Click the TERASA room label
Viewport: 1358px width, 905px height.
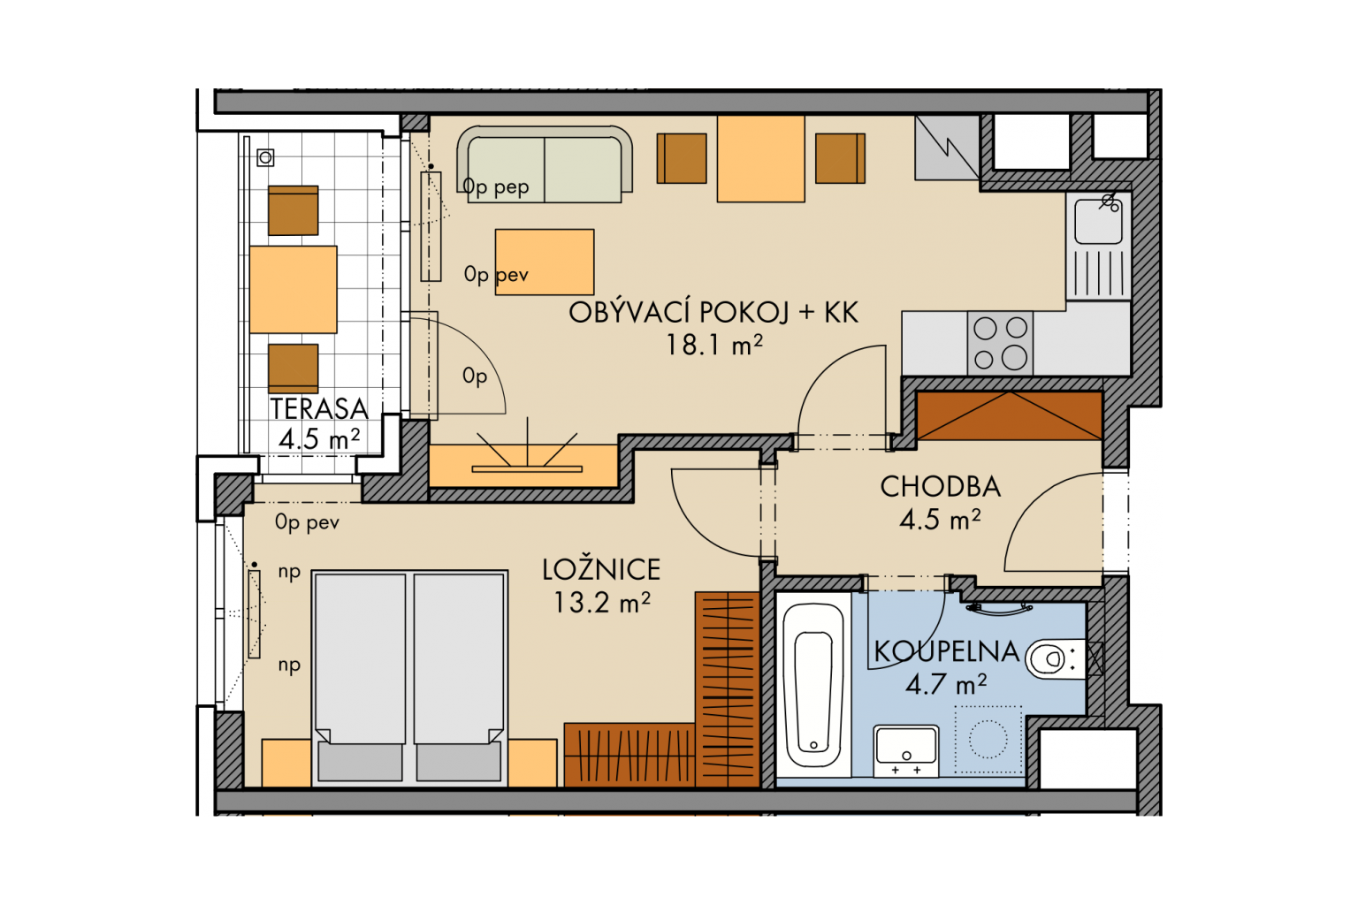(x=319, y=408)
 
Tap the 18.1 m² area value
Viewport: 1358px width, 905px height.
(x=714, y=345)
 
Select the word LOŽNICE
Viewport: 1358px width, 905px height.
(x=601, y=569)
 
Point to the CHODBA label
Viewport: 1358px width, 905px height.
(x=941, y=487)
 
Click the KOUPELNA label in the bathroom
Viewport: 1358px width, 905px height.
(x=946, y=651)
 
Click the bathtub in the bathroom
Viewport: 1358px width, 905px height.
(x=813, y=686)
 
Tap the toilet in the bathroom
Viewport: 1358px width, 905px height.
(x=1055, y=658)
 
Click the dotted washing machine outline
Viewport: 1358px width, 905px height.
(x=988, y=739)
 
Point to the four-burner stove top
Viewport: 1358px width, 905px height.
(x=1000, y=344)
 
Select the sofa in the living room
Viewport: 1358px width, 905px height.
(x=545, y=164)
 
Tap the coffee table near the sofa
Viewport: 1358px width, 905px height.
(x=545, y=262)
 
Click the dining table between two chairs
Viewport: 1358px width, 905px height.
(x=761, y=159)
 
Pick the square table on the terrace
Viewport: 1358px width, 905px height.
(x=294, y=289)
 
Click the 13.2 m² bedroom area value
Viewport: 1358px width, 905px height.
(x=602, y=603)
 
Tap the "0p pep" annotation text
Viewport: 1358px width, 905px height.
(x=496, y=186)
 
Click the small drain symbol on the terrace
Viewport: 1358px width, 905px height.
(x=265, y=157)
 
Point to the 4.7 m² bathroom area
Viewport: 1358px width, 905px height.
(x=946, y=684)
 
